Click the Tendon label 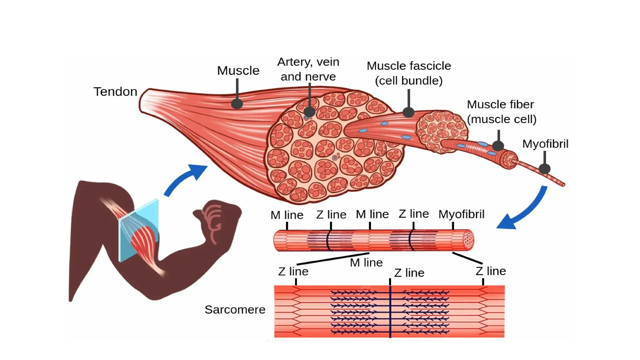point(115,92)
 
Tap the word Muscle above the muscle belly point(238,71)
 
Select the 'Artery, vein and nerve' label point(308,69)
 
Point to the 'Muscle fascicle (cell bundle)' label point(409,73)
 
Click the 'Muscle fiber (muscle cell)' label point(501,112)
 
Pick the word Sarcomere point(235,310)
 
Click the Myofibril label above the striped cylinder point(461,214)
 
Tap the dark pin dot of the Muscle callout point(237,104)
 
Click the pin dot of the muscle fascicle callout point(408,112)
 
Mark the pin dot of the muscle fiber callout point(498,145)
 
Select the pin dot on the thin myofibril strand point(544,169)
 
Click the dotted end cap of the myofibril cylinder point(468,240)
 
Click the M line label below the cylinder point(366,263)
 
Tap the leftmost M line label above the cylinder point(287,215)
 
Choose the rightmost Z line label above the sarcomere point(491,271)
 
